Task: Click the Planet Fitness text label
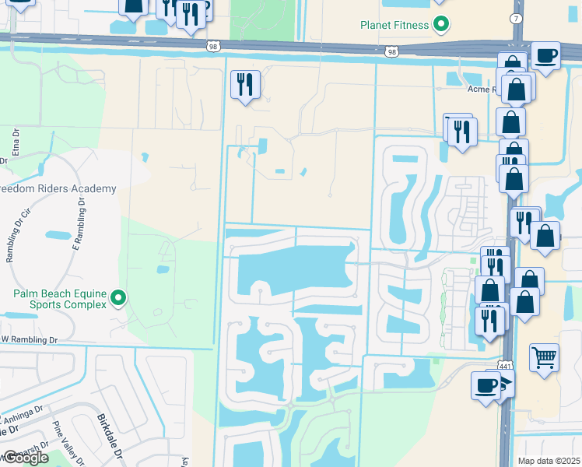click(394, 25)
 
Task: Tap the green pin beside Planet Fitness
click(441, 25)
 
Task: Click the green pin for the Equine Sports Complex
click(118, 298)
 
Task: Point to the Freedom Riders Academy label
click(58, 188)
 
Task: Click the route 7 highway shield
click(517, 17)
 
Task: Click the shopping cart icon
click(544, 358)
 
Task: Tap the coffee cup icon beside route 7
click(545, 56)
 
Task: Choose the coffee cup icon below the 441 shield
click(486, 385)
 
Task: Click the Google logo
click(26, 458)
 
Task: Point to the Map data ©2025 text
click(548, 461)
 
